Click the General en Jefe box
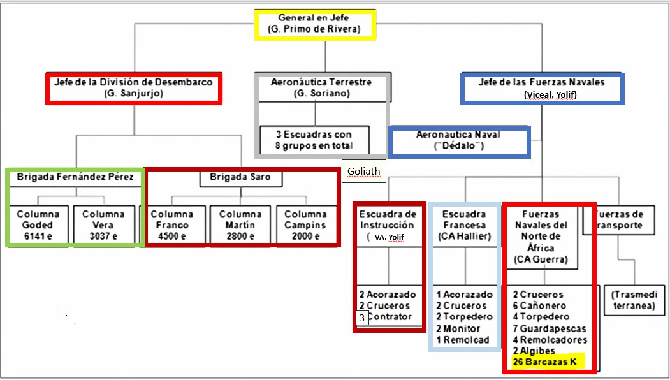click(x=314, y=24)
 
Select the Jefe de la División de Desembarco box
click(x=133, y=88)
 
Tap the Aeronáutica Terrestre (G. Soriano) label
click(x=321, y=88)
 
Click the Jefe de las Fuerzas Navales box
click(x=542, y=88)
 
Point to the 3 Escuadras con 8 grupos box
click(x=314, y=140)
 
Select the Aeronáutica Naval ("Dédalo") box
click(x=458, y=141)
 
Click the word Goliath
click(x=363, y=171)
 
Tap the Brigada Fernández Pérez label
click(x=75, y=177)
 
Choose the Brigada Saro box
click(x=241, y=177)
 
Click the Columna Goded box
click(x=38, y=224)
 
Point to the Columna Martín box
click(x=240, y=224)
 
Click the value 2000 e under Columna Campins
click(x=305, y=236)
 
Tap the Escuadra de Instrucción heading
click(x=388, y=219)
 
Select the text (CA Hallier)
click(x=463, y=237)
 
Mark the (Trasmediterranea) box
click(x=634, y=300)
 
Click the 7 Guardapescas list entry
click(x=550, y=328)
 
